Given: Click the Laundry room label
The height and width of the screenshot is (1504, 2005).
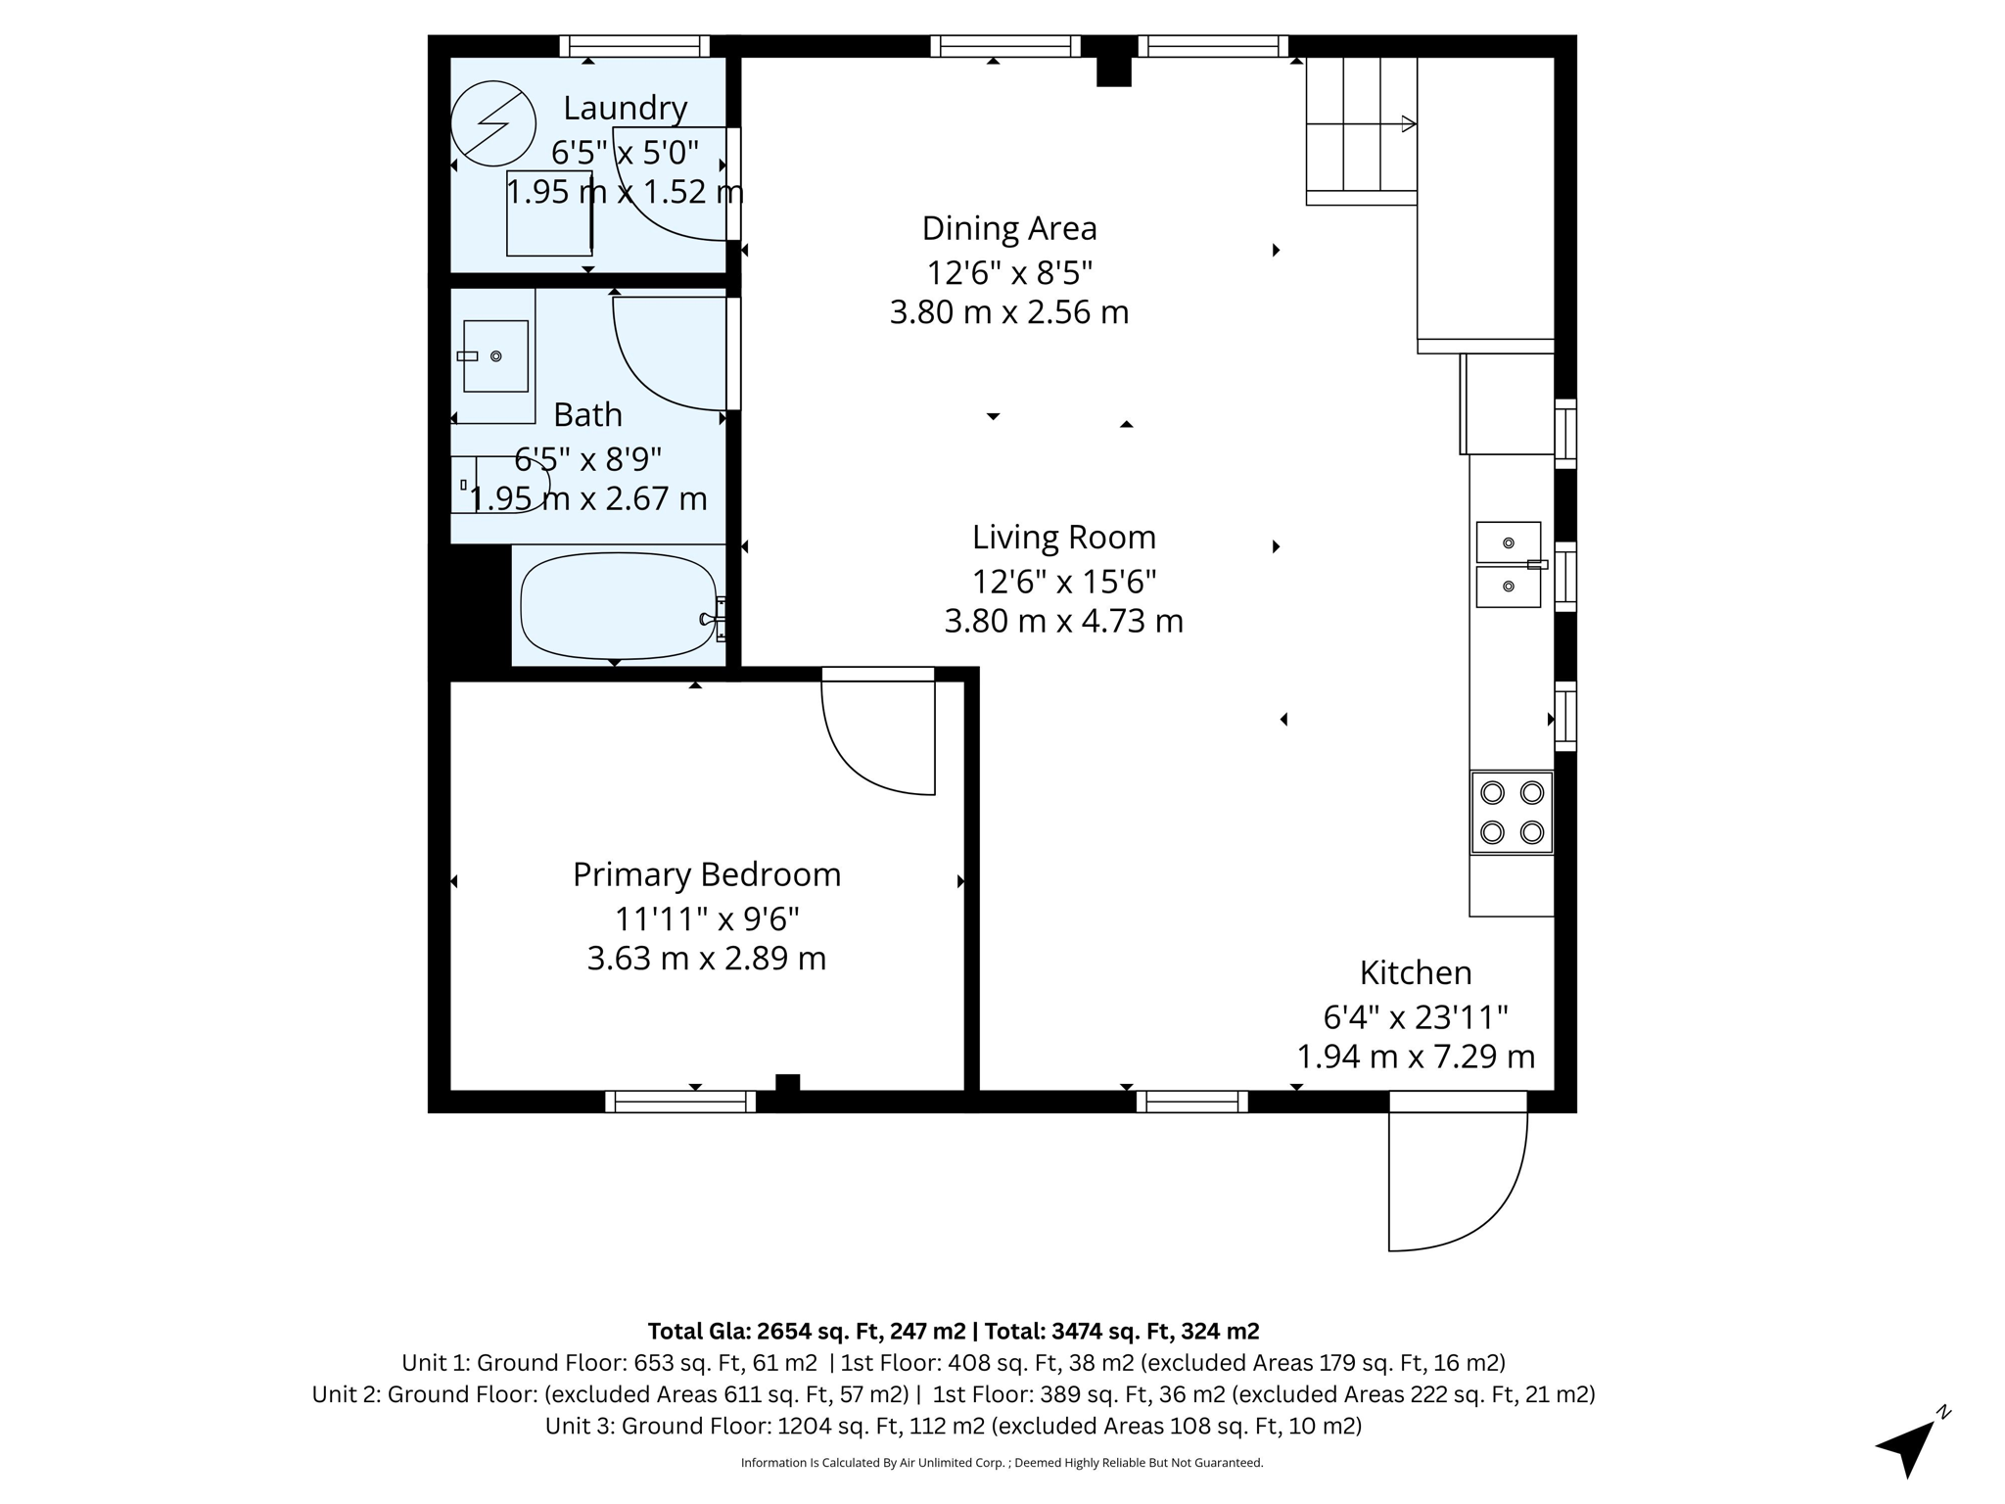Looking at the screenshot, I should tap(625, 108).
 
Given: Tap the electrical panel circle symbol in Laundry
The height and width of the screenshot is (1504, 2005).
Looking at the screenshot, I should tap(493, 123).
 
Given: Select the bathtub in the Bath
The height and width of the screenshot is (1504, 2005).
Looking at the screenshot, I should tap(618, 606).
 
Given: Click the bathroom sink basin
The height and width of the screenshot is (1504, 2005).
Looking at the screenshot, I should tap(495, 355).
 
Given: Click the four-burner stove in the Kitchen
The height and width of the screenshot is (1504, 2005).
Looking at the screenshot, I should tap(1512, 812).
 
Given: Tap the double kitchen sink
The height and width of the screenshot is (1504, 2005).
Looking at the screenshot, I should tap(1508, 565).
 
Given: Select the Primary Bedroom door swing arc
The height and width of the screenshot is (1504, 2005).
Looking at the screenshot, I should tap(862, 754).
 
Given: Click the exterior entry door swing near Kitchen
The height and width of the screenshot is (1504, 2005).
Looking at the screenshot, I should tap(1469, 1195).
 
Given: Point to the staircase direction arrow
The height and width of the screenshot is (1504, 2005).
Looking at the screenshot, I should tap(1408, 124).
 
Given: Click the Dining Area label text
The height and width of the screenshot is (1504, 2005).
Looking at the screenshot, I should tap(1009, 228).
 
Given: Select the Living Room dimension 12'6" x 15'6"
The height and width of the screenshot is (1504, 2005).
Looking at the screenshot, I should tap(1064, 582).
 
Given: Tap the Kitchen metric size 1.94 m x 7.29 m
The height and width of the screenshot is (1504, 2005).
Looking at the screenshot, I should tap(1416, 1057).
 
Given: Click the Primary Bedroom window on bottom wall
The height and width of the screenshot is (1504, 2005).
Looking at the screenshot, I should tap(680, 1102).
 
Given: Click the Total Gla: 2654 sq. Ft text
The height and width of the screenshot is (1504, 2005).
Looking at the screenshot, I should tap(807, 1331).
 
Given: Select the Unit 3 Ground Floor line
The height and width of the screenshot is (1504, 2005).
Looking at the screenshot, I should tap(953, 1426).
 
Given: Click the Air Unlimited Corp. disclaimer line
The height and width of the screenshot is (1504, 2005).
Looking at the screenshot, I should tap(1002, 1463).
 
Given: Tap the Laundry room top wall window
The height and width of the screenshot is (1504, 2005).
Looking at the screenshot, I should tap(634, 46).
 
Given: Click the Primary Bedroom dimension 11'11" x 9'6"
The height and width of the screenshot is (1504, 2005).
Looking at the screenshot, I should tap(707, 918).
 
